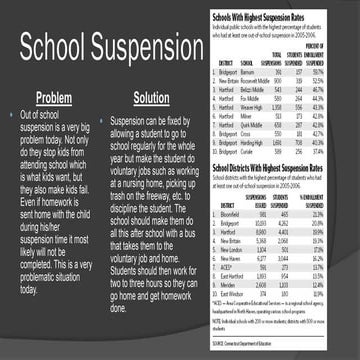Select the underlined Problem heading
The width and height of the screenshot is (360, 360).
point(53,98)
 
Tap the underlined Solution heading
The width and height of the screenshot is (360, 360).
point(151,98)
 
